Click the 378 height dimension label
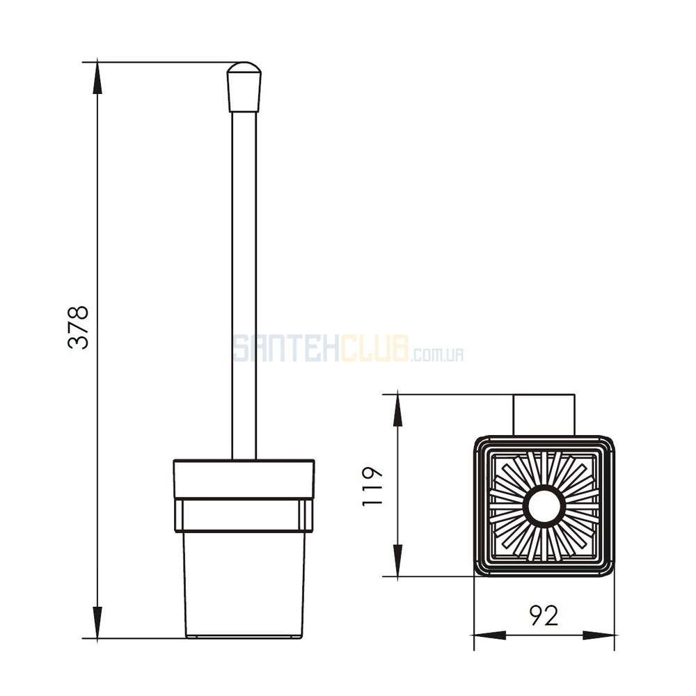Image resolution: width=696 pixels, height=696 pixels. (78, 327)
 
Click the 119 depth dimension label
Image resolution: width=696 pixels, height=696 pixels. (372, 486)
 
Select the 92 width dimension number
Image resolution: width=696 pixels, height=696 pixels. (544, 616)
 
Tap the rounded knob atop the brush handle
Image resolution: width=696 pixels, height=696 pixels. (244, 87)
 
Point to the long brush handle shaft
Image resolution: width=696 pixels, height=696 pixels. (244, 285)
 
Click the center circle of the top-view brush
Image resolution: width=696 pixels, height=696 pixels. (544, 507)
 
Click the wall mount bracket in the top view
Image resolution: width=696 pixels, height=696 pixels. (544, 415)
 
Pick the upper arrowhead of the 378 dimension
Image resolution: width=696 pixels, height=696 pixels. (97, 78)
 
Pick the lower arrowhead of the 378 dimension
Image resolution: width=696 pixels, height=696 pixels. (97, 622)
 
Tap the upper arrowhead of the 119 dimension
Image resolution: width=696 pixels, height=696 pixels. (398, 410)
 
